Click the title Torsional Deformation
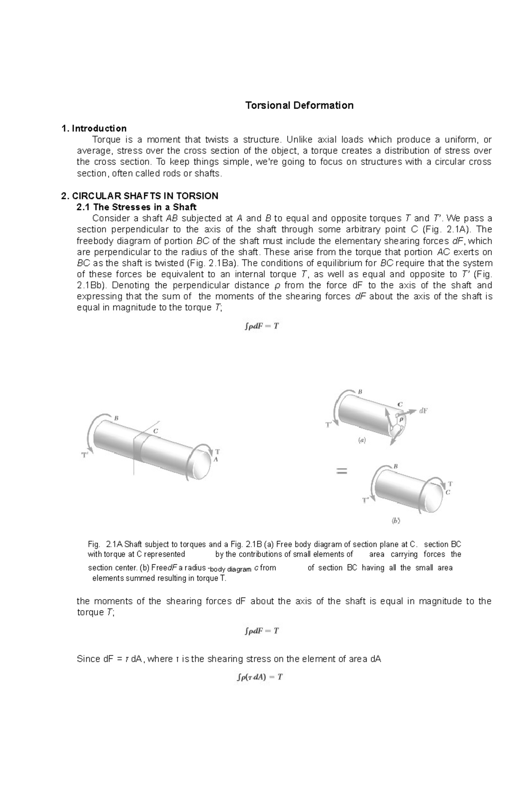pyautogui.click(x=299, y=105)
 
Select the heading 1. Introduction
pyautogui.click(x=94, y=128)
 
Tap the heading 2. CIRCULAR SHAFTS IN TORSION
pyautogui.click(x=140, y=196)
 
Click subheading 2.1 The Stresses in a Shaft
pyautogui.click(x=136, y=207)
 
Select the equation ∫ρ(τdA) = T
pyautogui.click(x=259, y=677)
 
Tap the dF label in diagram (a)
pyautogui.click(x=423, y=410)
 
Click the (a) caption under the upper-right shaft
pyautogui.click(x=362, y=440)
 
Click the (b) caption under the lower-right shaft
pyautogui.click(x=396, y=520)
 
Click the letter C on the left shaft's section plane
pyautogui.click(x=155, y=431)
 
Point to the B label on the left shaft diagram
pyautogui.click(x=116, y=418)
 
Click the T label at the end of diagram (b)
pyautogui.click(x=450, y=484)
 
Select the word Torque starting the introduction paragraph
pyautogui.click(x=105, y=140)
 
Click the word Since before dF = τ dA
pyautogui.click(x=88, y=659)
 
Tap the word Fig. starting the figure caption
pyautogui.click(x=94, y=544)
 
